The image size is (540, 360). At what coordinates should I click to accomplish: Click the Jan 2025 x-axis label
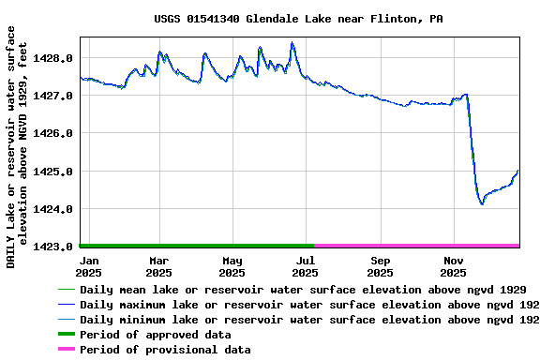pyautogui.click(x=91, y=266)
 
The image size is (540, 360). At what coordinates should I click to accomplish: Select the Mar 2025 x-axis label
pyautogui.click(x=158, y=266)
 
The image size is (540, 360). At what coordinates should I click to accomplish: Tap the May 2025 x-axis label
pyautogui.click(x=232, y=266)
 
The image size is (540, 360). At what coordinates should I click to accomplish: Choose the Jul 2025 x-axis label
pyautogui.click(x=306, y=266)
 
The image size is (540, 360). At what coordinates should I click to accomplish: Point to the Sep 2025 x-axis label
pyautogui.click(x=380, y=266)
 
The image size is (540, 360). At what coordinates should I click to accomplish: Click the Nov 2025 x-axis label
pyautogui.click(x=454, y=266)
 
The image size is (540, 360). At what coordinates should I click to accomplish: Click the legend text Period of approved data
pyautogui.click(x=155, y=335)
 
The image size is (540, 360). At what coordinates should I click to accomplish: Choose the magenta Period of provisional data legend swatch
pyautogui.click(x=66, y=350)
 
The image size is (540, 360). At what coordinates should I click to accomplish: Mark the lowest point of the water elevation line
pyautogui.click(x=482, y=203)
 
